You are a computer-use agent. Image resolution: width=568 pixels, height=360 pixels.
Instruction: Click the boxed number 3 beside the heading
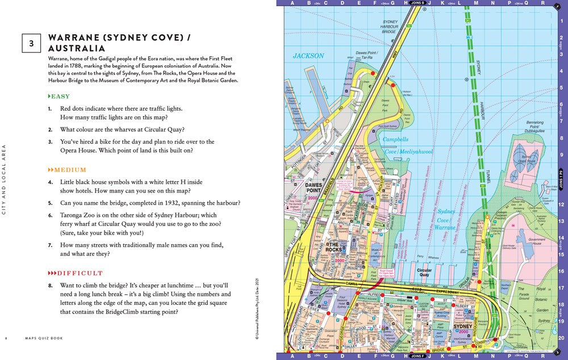tap(31, 43)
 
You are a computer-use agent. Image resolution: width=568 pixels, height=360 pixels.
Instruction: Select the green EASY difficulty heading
tap(60, 97)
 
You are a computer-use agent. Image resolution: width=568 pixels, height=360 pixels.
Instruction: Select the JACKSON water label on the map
tap(308, 56)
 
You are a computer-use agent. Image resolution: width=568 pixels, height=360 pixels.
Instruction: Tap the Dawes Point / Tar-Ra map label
tap(367, 55)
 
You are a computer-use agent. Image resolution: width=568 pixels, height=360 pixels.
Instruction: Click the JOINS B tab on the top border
tap(417, 3)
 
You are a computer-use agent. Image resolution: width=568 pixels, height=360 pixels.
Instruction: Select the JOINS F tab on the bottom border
tap(417, 356)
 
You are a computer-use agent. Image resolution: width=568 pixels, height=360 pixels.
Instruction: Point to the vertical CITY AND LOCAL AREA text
tap(5, 179)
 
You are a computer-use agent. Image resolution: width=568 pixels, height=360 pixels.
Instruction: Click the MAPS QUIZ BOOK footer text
tap(44, 338)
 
